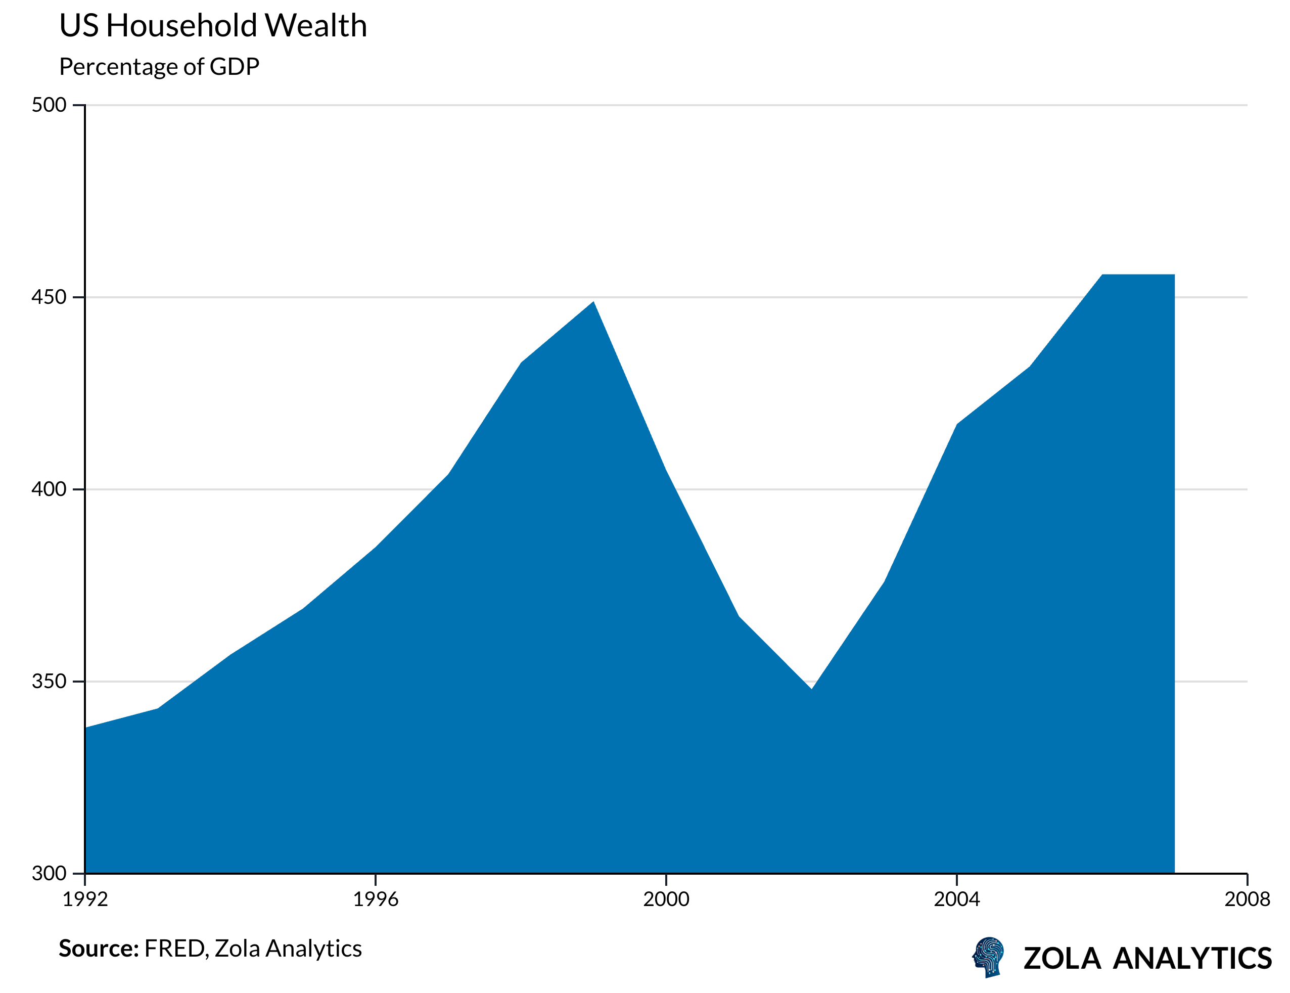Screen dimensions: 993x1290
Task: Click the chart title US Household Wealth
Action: [213, 26]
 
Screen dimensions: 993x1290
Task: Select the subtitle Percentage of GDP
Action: [159, 67]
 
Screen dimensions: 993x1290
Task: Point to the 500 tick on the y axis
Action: [49, 105]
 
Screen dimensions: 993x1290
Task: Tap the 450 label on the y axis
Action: [49, 297]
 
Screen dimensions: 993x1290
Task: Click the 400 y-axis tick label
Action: [49, 489]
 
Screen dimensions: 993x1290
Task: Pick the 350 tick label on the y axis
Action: [49, 682]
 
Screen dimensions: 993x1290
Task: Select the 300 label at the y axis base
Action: [49, 873]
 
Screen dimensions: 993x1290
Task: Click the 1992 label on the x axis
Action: [85, 899]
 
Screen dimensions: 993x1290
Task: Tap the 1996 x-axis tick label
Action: [376, 899]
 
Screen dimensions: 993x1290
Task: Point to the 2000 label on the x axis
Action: [666, 899]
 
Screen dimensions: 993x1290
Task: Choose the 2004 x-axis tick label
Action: [957, 899]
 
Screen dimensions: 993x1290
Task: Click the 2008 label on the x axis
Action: [1247, 899]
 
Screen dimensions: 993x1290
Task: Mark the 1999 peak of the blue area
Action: [593, 302]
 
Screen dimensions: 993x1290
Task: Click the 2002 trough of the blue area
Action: [812, 689]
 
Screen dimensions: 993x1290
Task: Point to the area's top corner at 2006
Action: [1102, 275]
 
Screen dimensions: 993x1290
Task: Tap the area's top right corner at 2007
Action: [1174, 275]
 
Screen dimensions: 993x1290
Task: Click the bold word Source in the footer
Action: [98, 949]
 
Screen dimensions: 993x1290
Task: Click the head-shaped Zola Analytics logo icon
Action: [988, 957]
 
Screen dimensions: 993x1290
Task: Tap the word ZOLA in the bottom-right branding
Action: [1062, 958]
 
